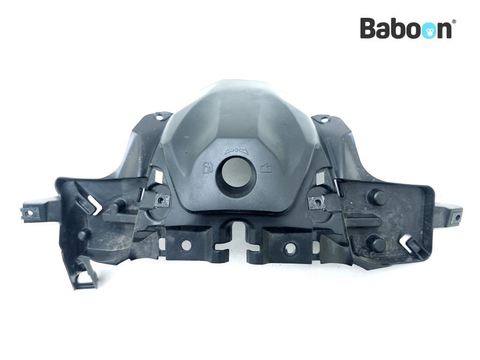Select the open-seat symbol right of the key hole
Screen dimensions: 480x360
(266, 168)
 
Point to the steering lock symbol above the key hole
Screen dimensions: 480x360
(236, 150)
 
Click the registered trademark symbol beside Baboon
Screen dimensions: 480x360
(454, 21)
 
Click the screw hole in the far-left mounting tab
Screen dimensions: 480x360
(30, 212)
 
